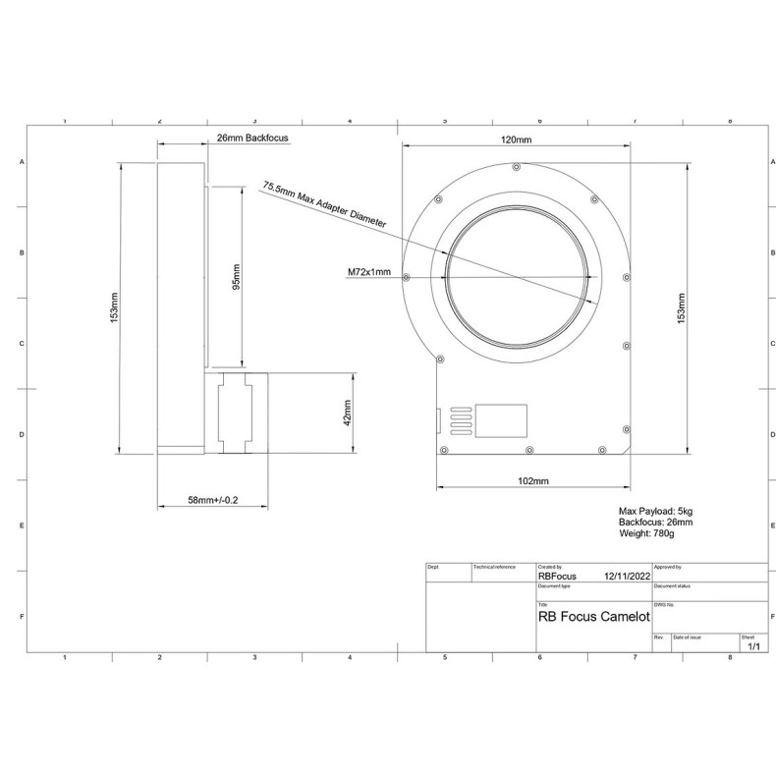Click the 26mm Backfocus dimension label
point(252,139)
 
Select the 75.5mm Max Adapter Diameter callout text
point(324,204)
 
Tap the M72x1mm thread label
point(369,273)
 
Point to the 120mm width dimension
point(516,140)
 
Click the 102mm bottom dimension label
point(531,480)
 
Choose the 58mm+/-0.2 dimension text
point(212,501)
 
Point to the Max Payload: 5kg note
point(655,511)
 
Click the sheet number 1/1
point(753,647)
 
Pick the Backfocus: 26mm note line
point(651,523)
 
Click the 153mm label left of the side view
point(114,309)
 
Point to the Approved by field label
point(668,567)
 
